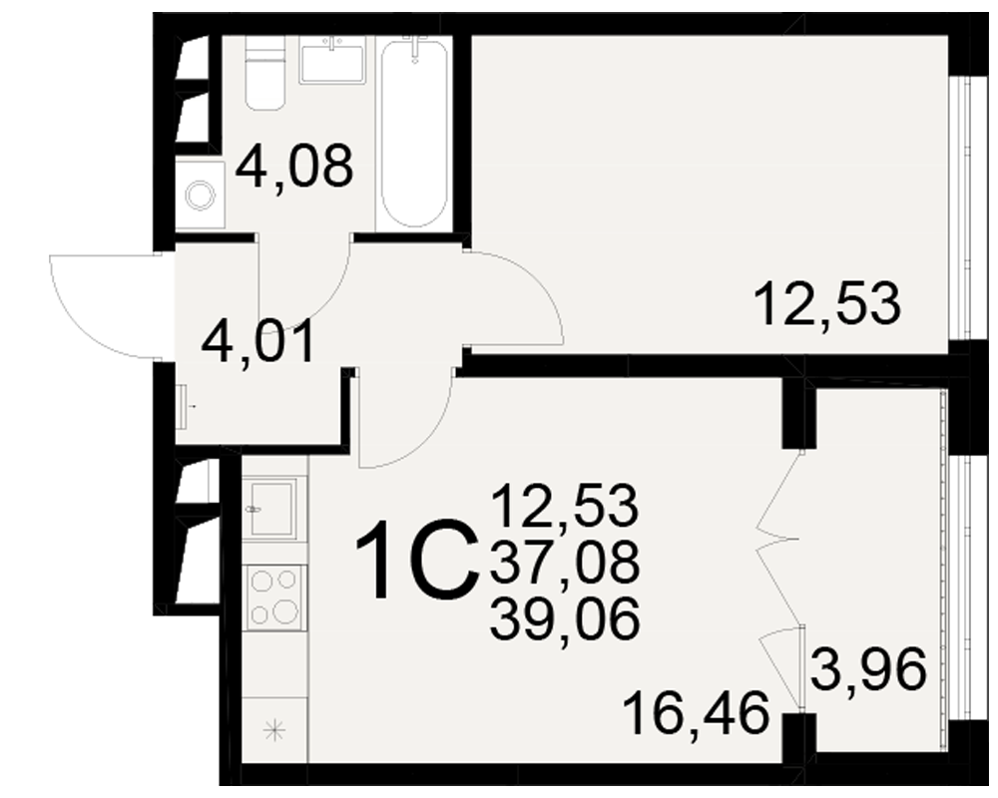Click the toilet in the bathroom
coord(264,73)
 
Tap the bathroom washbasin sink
coord(331,60)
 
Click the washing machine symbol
coord(200,196)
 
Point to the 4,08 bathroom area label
coord(294,167)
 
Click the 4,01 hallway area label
coord(258,342)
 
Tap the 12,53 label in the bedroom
coord(827,305)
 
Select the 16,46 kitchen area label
coord(698,714)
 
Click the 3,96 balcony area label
coord(868,669)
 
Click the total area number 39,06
coord(565,620)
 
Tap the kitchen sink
coord(273,509)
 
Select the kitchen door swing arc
coord(421,446)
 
